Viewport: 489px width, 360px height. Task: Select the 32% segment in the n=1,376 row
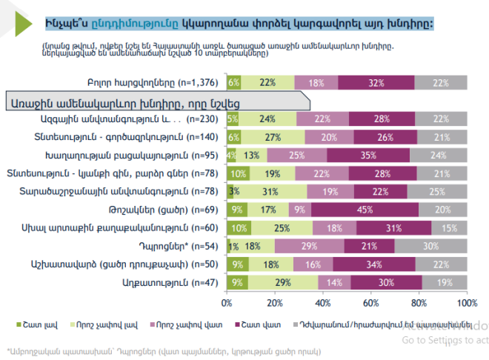tap(376, 82)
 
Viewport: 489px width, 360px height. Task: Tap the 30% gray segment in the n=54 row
tap(430, 245)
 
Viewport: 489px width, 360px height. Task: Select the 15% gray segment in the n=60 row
tap(449, 227)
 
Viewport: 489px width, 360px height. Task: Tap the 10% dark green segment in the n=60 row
tap(238, 227)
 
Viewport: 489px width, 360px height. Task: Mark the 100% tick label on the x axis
tap(467, 302)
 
